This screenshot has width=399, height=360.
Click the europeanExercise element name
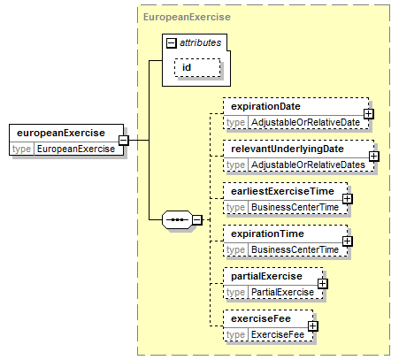[61, 133]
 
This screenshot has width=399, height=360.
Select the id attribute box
[197, 67]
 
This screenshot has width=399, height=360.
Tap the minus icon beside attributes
[172, 43]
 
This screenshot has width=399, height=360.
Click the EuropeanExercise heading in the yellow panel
[187, 17]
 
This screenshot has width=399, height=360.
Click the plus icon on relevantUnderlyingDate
[374, 156]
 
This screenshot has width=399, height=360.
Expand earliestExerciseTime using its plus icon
[348, 199]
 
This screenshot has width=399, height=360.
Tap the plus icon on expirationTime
[348, 241]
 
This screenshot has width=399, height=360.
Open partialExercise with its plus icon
[323, 284]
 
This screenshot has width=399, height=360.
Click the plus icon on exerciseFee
[312, 326]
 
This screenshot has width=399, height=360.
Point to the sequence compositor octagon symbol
[177, 219]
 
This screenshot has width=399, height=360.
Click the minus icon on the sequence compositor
[197, 219]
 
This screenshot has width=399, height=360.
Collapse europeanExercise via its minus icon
[124, 140]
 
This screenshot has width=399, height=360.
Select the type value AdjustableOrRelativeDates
[308, 165]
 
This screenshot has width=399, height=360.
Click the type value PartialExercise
[282, 292]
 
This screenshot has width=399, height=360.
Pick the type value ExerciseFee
[278, 334]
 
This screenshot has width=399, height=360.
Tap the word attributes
[201, 43]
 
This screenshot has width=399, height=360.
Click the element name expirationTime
[267, 234]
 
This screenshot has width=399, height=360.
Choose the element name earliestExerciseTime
[282, 191]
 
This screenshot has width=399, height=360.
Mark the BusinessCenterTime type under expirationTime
[295, 249]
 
